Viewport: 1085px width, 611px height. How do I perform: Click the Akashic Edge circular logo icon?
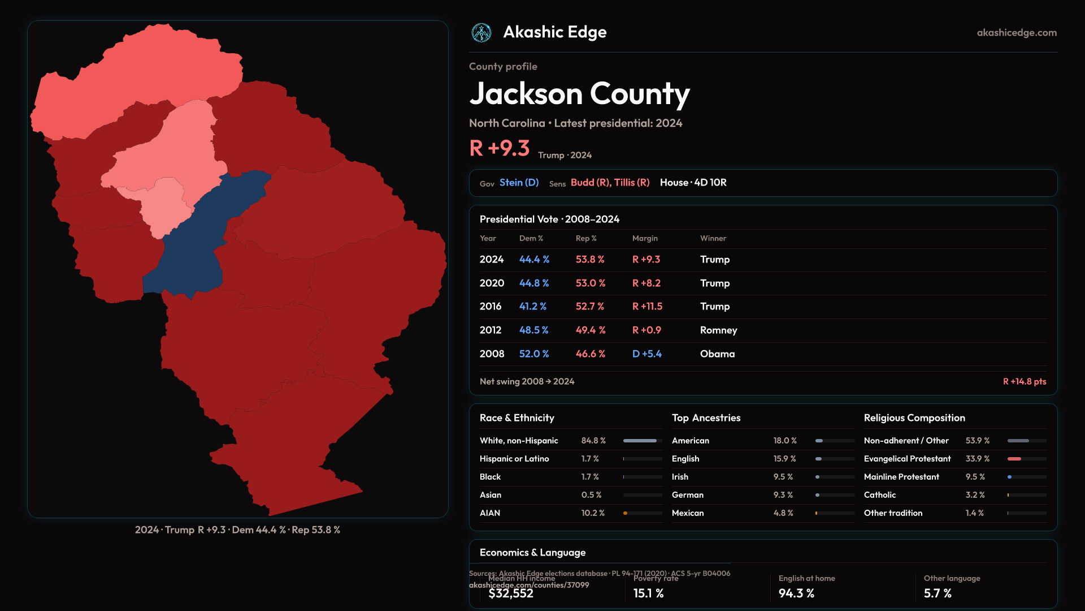pos(481,33)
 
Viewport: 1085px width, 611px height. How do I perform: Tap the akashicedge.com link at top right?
pos(1017,33)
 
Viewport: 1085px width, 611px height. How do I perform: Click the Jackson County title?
pos(579,94)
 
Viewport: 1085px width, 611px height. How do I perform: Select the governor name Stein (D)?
pos(519,183)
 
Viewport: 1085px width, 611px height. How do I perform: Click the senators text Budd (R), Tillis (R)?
pos(610,183)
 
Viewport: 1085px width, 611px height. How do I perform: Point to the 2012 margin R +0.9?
pos(646,330)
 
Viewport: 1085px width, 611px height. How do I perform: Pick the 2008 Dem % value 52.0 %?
pos(534,354)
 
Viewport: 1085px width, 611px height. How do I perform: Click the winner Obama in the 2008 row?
pos(717,354)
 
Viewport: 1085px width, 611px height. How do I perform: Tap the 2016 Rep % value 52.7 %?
pos(590,307)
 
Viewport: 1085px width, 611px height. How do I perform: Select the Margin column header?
pos(645,239)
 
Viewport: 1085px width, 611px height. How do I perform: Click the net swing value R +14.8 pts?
pos(1024,382)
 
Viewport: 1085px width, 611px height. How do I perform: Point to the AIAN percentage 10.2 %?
pos(593,513)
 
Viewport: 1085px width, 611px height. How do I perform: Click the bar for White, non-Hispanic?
pos(640,441)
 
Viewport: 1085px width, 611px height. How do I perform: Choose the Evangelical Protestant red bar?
pos(1014,459)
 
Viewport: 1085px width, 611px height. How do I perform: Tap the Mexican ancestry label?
pos(688,513)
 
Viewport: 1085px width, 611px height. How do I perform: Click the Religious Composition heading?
pos(914,418)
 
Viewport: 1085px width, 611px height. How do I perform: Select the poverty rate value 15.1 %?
pos(648,593)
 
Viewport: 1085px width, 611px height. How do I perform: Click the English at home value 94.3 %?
pos(796,593)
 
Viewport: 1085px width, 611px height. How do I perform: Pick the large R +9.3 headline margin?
pos(500,148)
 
